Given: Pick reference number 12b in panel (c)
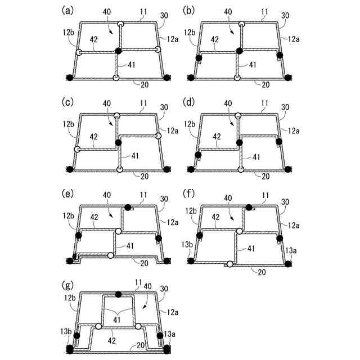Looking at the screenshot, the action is coord(69,123).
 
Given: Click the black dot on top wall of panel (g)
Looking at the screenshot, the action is coord(118,294).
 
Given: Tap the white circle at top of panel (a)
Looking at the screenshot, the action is coord(120,24).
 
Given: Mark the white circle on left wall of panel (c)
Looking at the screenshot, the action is coord(78,150).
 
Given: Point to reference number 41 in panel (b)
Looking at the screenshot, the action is coord(253,65).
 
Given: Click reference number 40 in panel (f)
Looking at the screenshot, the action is coord(228,198).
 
